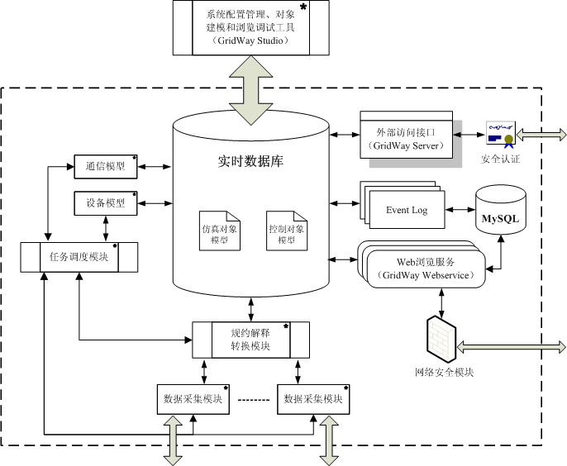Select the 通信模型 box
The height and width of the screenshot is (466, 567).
(x=106, y=167)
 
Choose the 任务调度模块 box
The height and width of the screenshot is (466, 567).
(x=79, y=256)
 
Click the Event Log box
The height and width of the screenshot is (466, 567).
(x=407, y=210)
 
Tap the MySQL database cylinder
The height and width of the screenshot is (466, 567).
(x=501, y=209)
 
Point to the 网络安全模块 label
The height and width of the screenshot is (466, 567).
(x=444, y=373)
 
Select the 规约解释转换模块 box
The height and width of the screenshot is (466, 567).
(x=250, y=339)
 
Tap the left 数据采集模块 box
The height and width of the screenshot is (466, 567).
(x=193, y=398)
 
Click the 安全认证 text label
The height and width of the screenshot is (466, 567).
(x=500, y=158)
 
